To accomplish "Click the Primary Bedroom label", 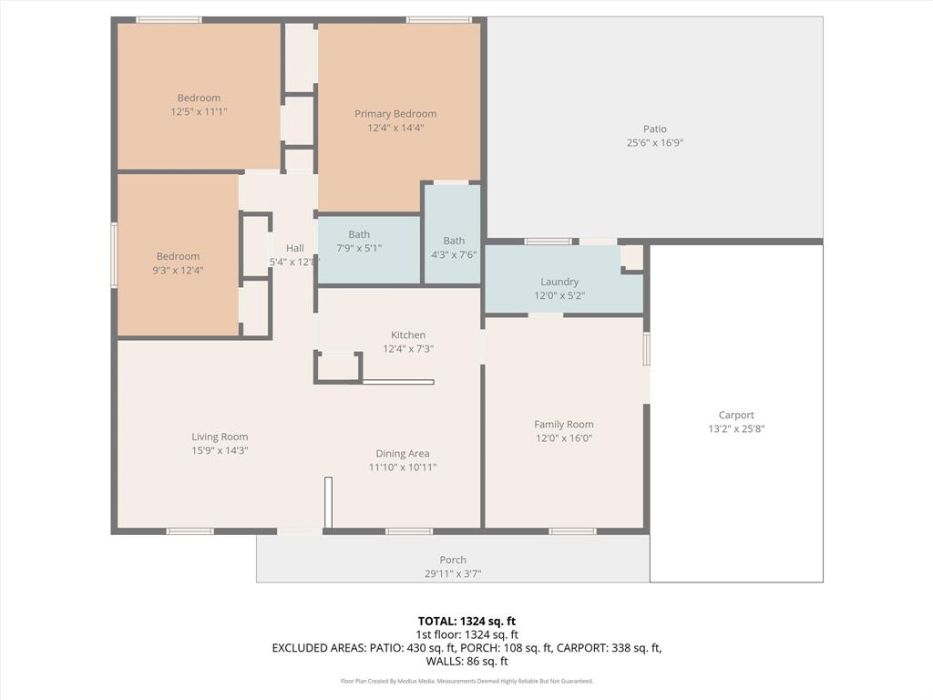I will pyautogui.click(x=395, y=114).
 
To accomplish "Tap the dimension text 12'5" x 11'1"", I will pyautogui.click(x=199, y=112).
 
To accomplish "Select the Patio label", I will pyautogui.click(x=654, y=129).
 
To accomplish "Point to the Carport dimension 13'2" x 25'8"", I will pyautogui.click(x=736, y=428).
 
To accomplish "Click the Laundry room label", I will pyautogui.click(x=559, y=283).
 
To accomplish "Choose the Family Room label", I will pyautogui.click(x=564, y=424).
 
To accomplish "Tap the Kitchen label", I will pyautogui.click(x=408, y=335).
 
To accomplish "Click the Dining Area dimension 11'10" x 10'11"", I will pyautogui.click(x=403, y=468).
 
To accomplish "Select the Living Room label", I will pyautogui.click(x=220, y=437).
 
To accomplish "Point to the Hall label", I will pyautogui.click(x=294, y=248).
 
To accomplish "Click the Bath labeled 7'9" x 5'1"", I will pyautogui.click(x=359, y=234).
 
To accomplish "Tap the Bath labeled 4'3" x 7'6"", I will pyautogui.click(x=454, y=241).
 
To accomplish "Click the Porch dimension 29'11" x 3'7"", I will pyautogui.click(x=453, y=573).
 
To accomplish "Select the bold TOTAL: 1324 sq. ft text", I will pyautogui.click(x=466, y=621).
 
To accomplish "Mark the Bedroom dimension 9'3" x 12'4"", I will pyautogui.click(x=178, y=270).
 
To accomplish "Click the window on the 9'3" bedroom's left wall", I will pyautogui.click(x=114, y=255).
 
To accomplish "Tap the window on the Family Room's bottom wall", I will pyautogui.click(x=572, y=531).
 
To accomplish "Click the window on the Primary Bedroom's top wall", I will pyautogui.click(x=438, y=19).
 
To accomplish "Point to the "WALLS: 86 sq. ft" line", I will pyautogui.click(x=466, y=662).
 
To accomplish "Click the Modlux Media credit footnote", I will pyautogui.click(x=466, y=681).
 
